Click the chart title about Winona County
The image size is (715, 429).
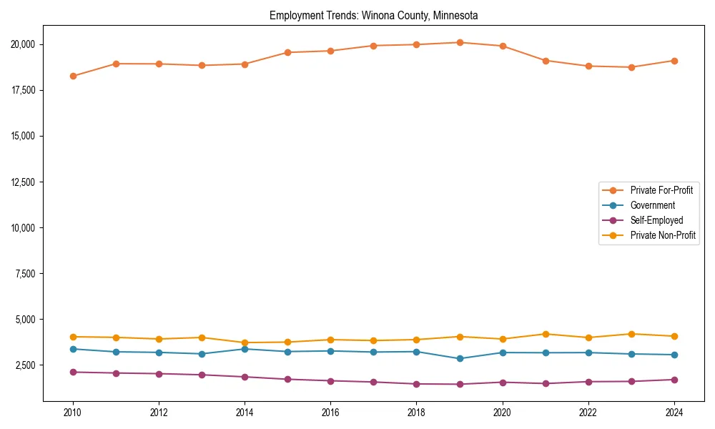[x=373, y=15]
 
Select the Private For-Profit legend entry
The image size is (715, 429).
[x=661, y=190]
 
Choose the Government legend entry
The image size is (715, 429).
[x=652, y=205]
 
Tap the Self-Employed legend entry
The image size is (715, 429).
[x=656, y=220]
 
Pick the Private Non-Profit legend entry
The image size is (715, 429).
[x=663, y=235]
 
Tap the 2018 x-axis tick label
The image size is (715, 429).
[x=416, y=413]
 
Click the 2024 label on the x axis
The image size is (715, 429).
[x=674, y=413]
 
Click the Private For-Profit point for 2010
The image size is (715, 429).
[x=73, y=76]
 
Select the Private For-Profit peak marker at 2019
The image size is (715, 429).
[x=460, y=43]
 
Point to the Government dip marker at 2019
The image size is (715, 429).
[x=460, y=358]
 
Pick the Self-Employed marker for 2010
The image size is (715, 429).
[x=73, y=372]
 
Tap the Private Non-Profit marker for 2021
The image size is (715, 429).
[x=546, y=334]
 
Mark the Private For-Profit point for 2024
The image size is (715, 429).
[x=674, y=61]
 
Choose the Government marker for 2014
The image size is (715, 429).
[x=245, y=349]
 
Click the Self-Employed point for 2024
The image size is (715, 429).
[x=674, y=380]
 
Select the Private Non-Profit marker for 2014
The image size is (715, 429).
[x=245, y=342]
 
